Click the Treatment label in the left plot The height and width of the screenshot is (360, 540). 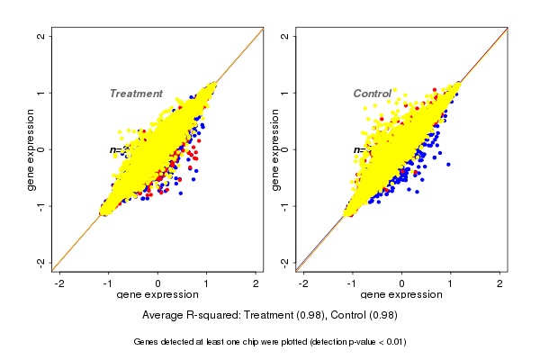click(136, 94)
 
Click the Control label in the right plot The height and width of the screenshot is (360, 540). click(372, 94)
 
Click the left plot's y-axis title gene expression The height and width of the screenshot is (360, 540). click(31, 149)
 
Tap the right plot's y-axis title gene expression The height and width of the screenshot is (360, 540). click(275, 149)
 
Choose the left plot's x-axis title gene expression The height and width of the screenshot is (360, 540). click(157, 295)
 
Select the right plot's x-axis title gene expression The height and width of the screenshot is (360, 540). click(401, 295)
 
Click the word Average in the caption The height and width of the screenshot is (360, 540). click(163, 315)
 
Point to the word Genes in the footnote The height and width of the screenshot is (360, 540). click(147, 342)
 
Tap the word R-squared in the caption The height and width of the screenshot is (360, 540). click(213, 315)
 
